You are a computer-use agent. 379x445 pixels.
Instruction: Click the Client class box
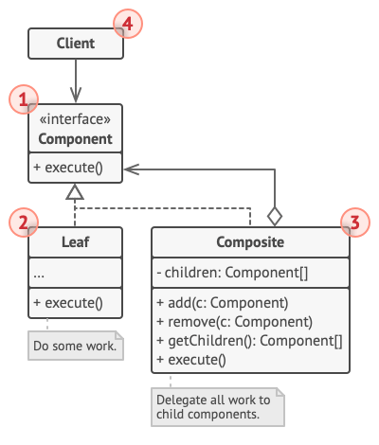(x=75, y=43)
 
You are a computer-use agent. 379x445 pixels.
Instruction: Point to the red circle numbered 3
(x=352, y=223)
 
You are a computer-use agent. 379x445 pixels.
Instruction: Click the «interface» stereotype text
(x=75, y=120)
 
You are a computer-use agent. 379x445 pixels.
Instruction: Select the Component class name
(x=75, y=139)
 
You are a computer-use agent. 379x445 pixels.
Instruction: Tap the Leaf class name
(x=75, y=242)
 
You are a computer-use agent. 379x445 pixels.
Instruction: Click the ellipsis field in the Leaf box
(x=40, y=273)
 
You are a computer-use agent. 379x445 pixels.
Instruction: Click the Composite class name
(x=249, y=242)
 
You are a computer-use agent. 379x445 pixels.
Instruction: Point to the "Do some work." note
(x=76, y=345)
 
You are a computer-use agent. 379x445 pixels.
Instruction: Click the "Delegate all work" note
(x=214, y=407)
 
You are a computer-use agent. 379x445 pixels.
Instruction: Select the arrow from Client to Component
(x=75, y=80)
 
